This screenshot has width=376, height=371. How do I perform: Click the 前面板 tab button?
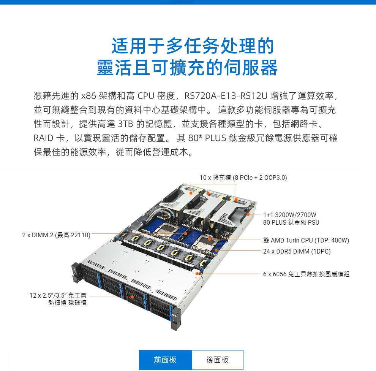click(x=165, y=360)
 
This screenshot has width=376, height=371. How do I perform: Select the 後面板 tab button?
click(x=218, y=360)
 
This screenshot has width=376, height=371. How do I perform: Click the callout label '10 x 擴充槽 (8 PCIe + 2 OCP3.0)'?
click(x=243, y=178)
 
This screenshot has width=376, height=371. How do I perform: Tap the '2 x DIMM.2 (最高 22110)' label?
click(x=56, y=235)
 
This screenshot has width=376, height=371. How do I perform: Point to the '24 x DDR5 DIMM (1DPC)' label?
click(x=297, y=251)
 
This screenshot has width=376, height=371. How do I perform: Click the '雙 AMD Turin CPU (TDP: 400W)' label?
click(x=306, y=240)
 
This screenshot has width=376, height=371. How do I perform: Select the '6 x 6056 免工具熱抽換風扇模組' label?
click(x=306, y=274)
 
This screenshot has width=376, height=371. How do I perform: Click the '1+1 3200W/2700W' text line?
click(x=290, y=215)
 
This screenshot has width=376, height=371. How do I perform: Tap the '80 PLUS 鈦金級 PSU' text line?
click(x=291, y=222)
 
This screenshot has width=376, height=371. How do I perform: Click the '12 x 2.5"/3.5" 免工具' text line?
click(x=58, y=295)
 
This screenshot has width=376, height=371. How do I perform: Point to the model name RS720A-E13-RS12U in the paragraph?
click(x=226, y=96)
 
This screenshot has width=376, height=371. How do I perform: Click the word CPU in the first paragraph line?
click(x=146, y=96)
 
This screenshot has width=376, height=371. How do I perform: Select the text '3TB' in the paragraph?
click(x=125, y=124)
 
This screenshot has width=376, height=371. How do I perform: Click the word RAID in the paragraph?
click(x=43, y=138)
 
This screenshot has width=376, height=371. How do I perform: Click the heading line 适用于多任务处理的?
click(x=193, y=46)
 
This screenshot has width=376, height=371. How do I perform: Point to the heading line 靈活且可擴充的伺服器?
click(x=187, y=68)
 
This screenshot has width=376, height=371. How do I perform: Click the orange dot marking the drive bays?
click(x=132, y=297)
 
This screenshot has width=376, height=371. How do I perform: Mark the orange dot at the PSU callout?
click(x=248, y=214)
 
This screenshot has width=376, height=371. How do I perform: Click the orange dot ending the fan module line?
click(x=197, y=274)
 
